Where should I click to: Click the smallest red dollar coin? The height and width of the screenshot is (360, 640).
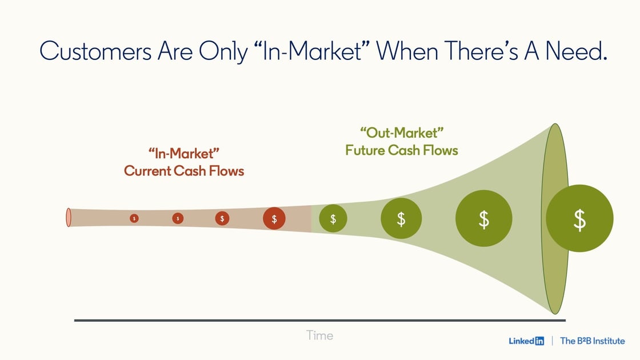[134, 218]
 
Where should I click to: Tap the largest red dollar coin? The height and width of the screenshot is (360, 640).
[274, 219]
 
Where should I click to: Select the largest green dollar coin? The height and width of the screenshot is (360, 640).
[579, 218]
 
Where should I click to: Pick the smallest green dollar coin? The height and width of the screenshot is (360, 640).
[333, 219]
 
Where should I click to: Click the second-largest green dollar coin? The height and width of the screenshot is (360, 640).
[483, 218]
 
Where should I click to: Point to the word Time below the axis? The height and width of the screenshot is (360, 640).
[319, 335]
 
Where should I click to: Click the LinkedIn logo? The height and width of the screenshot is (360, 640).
[526, 341]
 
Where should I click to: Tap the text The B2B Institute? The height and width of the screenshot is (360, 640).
[592, 341]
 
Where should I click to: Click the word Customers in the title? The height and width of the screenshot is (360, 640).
[95, 51]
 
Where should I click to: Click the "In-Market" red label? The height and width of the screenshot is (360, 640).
[183, 154]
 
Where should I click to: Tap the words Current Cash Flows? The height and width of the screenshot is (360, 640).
[184, 171]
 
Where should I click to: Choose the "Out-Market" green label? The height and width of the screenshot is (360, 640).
[402, 133]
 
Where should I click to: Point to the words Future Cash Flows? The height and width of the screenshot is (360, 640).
[402, 150]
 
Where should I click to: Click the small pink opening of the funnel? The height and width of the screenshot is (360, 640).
[69, 218]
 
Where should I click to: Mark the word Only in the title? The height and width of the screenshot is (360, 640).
[223, 52]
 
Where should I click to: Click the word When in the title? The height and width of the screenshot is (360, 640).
[406, 51]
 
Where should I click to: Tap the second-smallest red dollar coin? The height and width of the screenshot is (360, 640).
[178, 218]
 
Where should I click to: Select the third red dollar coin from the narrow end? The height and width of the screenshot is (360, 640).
[222, 218]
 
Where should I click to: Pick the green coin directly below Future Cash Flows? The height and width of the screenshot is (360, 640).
[401, 218]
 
